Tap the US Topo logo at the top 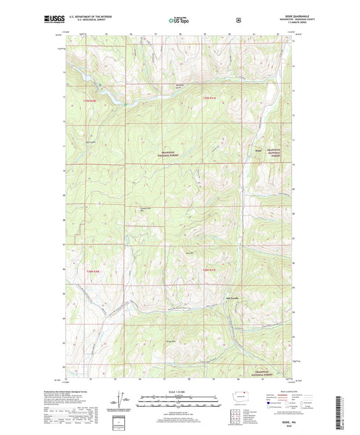[180, 20]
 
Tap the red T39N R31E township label [212, 99]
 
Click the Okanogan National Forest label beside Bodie [273, 153]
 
